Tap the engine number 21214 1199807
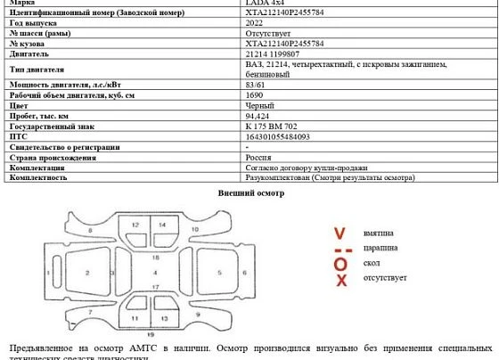click(x=277, y=53)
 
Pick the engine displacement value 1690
click(x=254, y=94)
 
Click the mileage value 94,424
click(x=258, y=116)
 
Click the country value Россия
click(x=258, y=157)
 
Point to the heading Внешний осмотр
click(x=251, y=193)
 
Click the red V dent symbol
click(x=339, y=233)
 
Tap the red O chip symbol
click(x=339, y=265)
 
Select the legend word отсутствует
click(x=385, y=278)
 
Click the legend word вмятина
click(x=379, y=233)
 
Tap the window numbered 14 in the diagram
click(x=162, y=225)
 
